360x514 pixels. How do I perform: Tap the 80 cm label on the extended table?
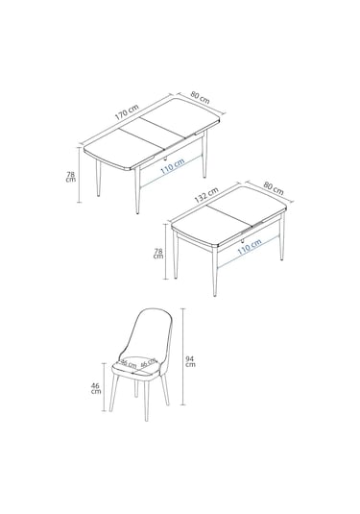click(x=200, y=96)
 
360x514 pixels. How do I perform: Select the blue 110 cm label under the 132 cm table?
click(x=249, y=246)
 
